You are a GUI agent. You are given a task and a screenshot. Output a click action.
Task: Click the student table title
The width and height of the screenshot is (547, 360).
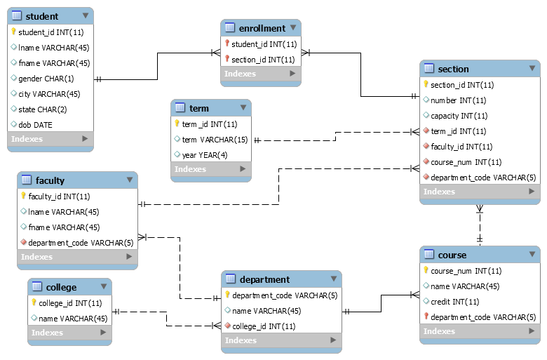coord(43,16)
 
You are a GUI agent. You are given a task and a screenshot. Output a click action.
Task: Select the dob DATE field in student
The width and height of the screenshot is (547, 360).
coord(35,125)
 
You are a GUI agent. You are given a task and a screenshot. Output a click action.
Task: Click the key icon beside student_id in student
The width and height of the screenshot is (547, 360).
coord(13,32)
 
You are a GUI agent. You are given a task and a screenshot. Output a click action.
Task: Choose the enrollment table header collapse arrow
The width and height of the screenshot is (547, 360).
coord(293,28)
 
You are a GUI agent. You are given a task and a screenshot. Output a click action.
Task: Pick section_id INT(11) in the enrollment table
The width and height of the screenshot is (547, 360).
coord(263,60)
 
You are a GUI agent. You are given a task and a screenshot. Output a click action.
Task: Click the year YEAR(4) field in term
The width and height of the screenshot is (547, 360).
coord(205,155)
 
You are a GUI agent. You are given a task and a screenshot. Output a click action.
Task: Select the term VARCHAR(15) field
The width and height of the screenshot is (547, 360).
coord(215,140)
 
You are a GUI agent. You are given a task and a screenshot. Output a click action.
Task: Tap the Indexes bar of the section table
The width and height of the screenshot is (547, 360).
coord(480,192)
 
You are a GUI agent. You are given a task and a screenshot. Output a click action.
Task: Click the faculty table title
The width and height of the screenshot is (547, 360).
coord(50,180)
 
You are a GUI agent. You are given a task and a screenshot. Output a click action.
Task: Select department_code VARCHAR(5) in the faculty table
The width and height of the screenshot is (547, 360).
coord(80,243)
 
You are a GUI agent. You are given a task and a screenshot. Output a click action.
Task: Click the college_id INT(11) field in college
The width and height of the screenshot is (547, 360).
coord(69,303)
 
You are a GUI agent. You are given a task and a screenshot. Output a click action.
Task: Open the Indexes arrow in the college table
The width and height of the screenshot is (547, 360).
coord(103,333)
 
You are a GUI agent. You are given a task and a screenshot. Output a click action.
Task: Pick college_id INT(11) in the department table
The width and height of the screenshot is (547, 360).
coord(263,326)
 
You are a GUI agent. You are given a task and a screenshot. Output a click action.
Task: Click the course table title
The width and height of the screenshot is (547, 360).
coord(452,255)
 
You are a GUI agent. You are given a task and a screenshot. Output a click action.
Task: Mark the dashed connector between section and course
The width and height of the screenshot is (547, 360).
coord(480,225)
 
